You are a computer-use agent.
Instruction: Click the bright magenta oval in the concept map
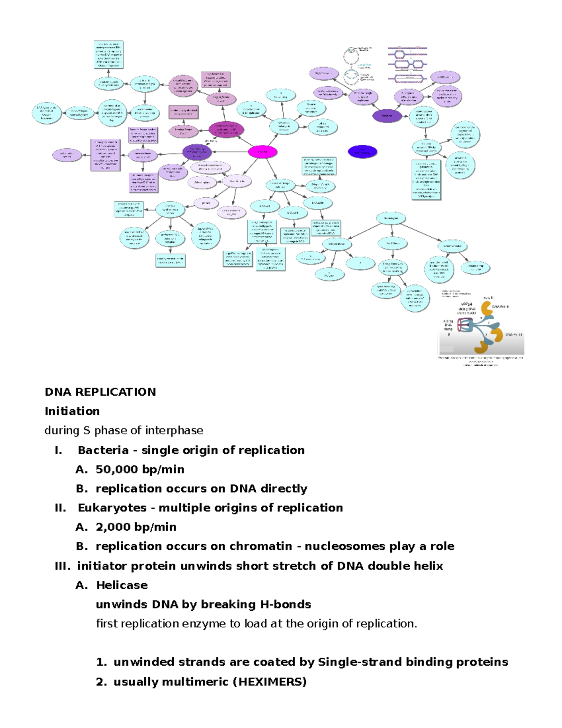262,152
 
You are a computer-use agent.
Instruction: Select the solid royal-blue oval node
362,151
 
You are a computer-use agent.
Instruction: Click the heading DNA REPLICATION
100,392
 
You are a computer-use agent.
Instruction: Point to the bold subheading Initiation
72,411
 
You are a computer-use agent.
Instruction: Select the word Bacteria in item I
103,450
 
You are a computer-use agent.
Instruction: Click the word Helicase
122,585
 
